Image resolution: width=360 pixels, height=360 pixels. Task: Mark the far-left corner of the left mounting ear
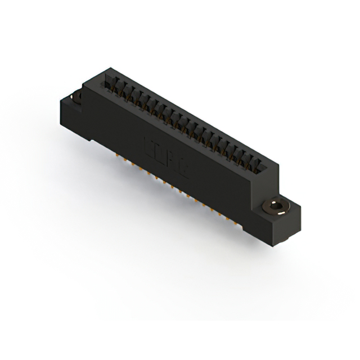pos(59,101)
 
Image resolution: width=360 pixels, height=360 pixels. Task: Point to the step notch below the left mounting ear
pos(89,138)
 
